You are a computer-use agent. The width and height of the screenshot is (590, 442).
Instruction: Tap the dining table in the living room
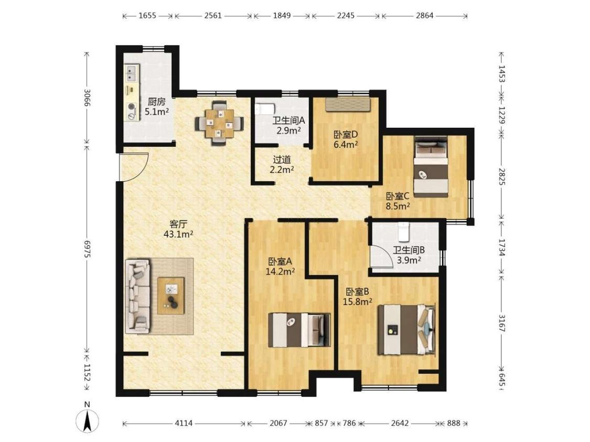pos(219,123)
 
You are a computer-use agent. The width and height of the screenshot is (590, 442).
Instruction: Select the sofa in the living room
pos(138,296)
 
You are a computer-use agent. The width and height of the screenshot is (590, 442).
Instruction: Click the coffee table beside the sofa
pos(171,295)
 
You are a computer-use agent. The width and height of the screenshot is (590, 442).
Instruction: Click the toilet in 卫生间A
pos(264,109)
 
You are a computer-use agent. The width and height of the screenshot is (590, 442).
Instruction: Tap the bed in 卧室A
pos(299,329)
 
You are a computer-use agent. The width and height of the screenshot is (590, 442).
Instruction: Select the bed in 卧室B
pos(407,329)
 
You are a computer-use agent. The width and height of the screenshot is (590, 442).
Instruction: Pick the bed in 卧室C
pos(431,167)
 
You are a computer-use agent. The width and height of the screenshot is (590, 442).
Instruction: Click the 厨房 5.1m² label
pos(156,106)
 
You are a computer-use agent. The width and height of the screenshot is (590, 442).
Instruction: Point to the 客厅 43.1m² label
pos(178,229)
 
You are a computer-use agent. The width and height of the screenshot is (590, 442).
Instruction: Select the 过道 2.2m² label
pos(282,164)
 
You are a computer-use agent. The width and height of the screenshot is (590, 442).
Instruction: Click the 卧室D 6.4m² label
pos(346,139)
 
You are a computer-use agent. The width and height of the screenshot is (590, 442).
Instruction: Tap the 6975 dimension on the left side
pos(87,249)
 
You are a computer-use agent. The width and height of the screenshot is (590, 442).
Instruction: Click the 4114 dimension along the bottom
pos(184,423)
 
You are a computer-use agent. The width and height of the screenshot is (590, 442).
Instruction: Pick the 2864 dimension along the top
pos(424,16)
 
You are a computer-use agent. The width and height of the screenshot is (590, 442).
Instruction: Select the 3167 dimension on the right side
pos(501,323)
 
